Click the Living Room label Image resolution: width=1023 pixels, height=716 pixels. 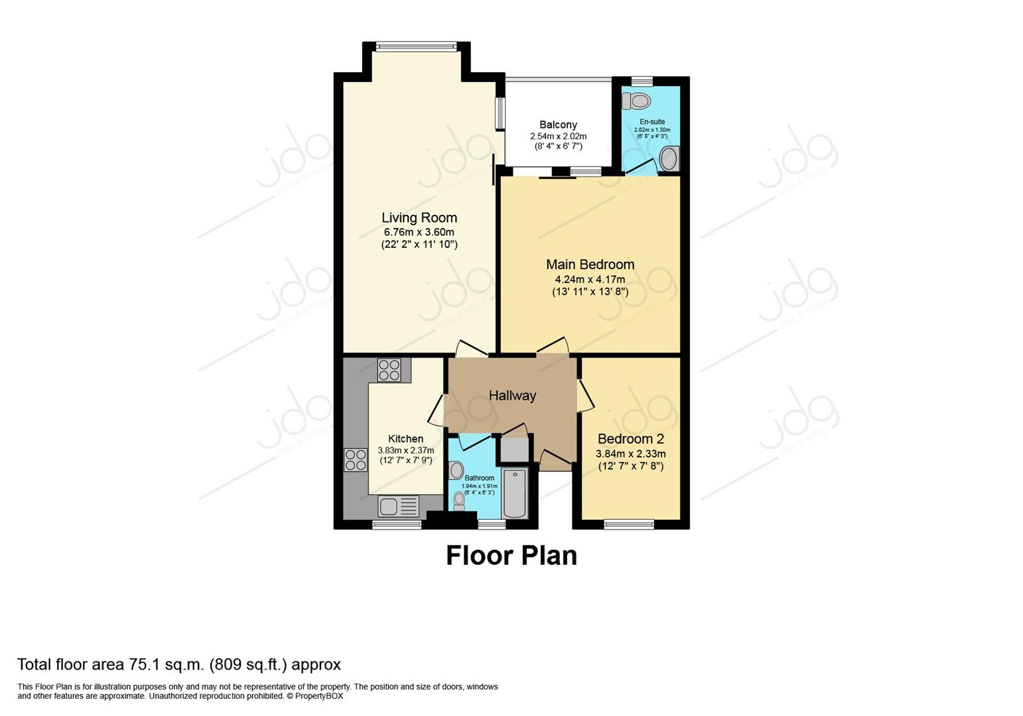(419, 217)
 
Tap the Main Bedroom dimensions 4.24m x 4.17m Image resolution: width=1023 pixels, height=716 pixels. (590, 279)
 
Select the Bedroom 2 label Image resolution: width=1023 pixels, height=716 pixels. (630, 439)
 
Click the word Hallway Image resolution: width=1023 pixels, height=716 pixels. (512, 396)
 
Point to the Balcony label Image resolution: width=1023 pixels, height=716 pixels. (558, 125)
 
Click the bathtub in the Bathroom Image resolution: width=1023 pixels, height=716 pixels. (514, 493)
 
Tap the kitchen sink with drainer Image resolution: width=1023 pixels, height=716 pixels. (398, 507)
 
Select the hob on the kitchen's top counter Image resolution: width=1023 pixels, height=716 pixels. (389, 370)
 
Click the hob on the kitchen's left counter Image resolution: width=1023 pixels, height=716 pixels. (356, 459)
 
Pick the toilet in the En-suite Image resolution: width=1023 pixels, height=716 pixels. (637, 101)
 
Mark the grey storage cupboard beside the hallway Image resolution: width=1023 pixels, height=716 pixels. (513, 449)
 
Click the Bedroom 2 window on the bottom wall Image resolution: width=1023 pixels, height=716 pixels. (628, 524)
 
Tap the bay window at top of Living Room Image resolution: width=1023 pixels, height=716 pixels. (416, 46)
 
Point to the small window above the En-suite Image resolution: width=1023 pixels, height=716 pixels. (642, 81)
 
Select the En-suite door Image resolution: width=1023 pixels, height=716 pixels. (641, 166)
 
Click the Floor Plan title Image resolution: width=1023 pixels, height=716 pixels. (511, 556)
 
